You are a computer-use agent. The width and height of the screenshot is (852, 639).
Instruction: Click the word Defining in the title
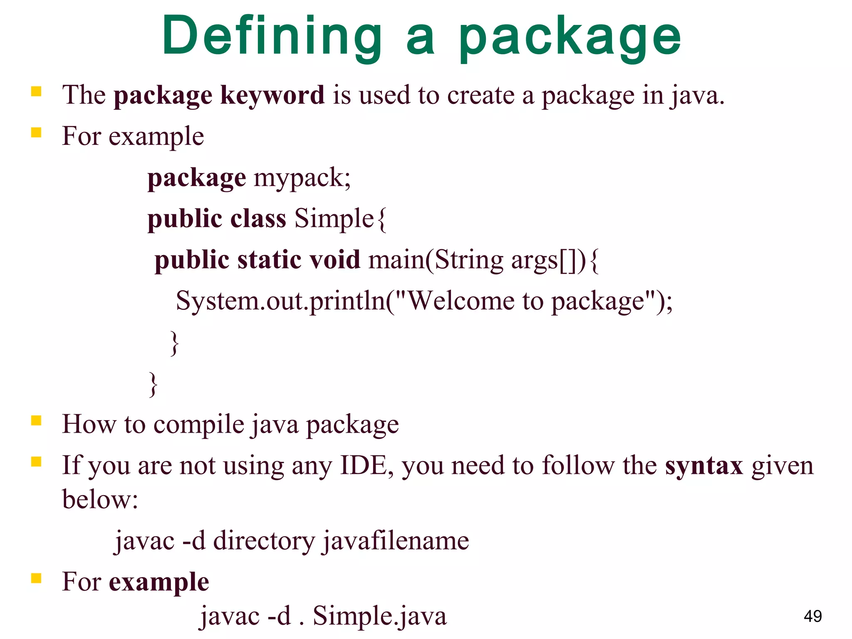point(272,37)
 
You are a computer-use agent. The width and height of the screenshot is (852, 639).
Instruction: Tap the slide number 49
point(812,616)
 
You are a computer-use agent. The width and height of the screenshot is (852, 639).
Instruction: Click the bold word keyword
point(272,95)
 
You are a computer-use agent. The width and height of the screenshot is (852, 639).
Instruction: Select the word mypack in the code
point(302,178)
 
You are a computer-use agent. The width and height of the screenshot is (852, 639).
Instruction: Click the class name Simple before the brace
point(334,218)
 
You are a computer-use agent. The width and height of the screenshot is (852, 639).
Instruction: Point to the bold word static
point(269,260)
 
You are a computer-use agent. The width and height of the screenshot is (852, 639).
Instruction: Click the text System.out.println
point(280,301)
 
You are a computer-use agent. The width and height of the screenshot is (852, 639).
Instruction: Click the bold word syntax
point(703,466)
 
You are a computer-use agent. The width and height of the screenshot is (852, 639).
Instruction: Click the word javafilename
point(395,541)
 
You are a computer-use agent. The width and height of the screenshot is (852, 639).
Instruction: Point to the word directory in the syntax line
point(264,541)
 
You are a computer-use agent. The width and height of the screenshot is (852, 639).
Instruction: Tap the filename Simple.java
point(379,616)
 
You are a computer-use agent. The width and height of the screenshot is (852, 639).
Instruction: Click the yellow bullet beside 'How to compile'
point(36,421)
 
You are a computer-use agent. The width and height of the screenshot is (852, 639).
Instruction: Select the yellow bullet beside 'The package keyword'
point(36,91)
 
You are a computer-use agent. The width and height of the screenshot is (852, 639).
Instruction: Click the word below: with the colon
point(100,499)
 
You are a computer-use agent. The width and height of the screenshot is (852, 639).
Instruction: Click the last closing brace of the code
point(153,384)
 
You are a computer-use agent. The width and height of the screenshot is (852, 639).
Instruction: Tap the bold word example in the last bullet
point(159,582)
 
